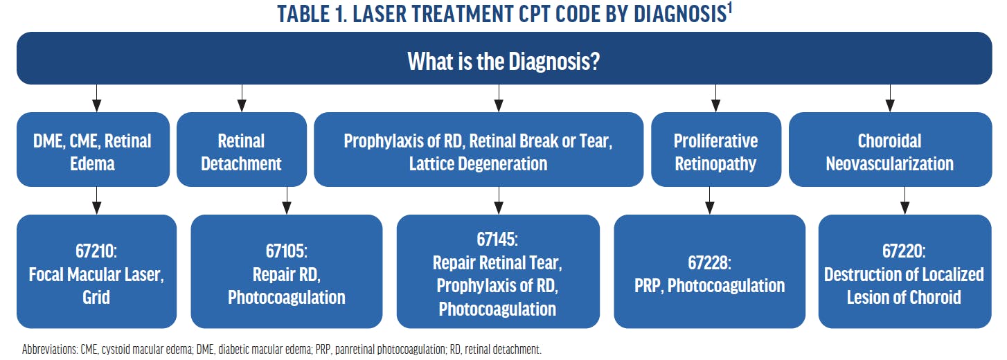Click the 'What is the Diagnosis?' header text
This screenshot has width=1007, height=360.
pos(503,61)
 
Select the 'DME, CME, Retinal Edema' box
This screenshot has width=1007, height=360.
pos(93,150)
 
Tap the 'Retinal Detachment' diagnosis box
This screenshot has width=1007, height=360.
pos(242,150)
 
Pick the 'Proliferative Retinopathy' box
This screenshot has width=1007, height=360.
pos(715,150)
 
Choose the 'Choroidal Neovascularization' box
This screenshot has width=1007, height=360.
pos(890,150)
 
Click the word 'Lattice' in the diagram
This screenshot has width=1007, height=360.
pos(431,163)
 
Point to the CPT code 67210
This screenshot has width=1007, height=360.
pos(96,251)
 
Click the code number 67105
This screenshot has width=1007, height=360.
pos(286,251)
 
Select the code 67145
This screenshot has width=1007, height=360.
pos(497,239)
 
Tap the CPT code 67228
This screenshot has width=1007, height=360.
pos(709,262)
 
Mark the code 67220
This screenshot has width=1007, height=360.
pos(904,251)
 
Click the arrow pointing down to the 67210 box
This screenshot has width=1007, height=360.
pos(96,201)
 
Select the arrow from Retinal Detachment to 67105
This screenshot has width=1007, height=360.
pos(287,201)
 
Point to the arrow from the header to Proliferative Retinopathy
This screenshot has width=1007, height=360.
pos(715,98)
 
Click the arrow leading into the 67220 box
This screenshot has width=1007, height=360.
pos(905,201)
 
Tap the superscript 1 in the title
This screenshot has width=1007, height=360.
pos(730,8)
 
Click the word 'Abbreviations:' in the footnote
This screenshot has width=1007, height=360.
pos(50,349)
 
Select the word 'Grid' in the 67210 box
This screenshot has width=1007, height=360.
pos(96,297)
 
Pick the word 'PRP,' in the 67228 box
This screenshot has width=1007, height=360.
pos(649,286)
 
